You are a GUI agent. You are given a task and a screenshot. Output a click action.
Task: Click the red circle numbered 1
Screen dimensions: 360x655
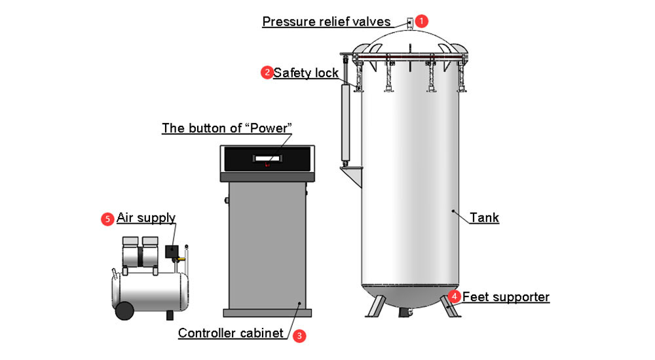[422, 21]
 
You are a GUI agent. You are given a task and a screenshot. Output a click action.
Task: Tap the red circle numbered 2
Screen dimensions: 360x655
[267, 73]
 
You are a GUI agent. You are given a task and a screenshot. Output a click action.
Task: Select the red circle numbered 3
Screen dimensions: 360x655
[299, 335]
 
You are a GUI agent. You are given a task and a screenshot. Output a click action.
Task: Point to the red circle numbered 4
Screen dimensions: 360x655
[455, 297]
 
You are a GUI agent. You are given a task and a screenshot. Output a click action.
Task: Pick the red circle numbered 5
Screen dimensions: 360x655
[107, 219]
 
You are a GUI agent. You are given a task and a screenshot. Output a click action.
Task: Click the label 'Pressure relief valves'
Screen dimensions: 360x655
[326, 22]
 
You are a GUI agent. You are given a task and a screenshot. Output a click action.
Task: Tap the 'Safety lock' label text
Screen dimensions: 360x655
[306, 73]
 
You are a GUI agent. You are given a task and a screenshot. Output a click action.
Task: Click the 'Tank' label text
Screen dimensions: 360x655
[484, 218]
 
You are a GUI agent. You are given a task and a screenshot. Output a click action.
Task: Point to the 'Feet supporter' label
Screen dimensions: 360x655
[506, 297]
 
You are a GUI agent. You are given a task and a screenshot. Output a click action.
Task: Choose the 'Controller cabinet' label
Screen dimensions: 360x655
[231, 333]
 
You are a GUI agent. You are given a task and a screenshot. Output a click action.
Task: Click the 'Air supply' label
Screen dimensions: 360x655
[146, 218]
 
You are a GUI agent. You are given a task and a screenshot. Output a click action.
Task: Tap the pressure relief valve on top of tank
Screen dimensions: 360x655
[409, 24]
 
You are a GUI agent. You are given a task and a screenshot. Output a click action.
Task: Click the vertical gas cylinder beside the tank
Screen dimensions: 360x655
[345, 124]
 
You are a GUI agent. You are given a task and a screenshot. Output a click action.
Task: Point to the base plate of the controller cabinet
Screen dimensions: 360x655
[266, 312]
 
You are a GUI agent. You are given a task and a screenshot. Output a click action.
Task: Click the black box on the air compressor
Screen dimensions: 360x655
[172, 251]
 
